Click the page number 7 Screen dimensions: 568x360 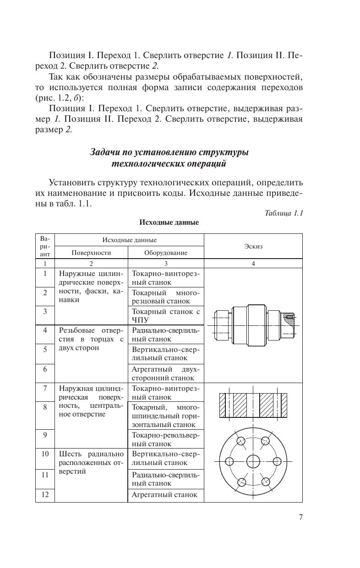[x=300, y=518]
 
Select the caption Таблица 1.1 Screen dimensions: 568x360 [x=284, y=213]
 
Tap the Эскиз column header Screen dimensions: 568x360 [x=253, y=246]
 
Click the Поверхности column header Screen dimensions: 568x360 [x=91, y=252]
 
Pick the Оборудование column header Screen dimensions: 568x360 [x=166, y=252]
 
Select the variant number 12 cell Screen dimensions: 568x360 [x=45, y=494]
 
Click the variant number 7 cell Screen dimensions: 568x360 [x=45, y=389]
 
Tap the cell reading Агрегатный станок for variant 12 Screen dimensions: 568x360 [x=164, y=494]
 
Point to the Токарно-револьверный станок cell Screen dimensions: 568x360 [x=166, y=439]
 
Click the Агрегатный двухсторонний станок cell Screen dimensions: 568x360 [x=166, y=373]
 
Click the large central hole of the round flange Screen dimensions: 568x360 [x=253, y=461]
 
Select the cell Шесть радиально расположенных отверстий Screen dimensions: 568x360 [x=91, y=462]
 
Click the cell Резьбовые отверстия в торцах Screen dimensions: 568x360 [x=91, y=339]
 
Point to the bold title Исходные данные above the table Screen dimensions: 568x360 [x=169, y=223]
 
